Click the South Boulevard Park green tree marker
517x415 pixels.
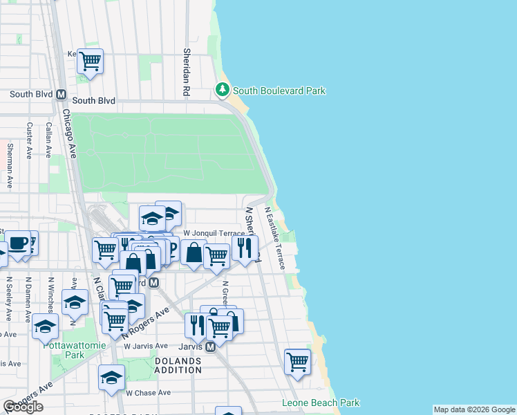(x=222, y=90)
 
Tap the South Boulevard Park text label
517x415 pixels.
(x=279, y=91)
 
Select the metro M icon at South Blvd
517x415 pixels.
(x=61, y=95)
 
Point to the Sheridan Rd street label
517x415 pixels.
(x=187, y=72)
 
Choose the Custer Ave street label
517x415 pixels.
(x=29, y=141)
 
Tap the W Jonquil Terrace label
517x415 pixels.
(x=214, y=234)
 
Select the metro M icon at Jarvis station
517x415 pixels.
(x=211, y=347)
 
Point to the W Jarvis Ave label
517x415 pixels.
(x=146, y=346)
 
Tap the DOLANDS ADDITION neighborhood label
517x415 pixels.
(x=178, y=366)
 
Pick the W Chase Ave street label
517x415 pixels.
(x=147, y=392)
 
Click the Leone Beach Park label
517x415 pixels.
(x=321, y=403)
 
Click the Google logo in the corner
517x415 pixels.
(x=23, y=407)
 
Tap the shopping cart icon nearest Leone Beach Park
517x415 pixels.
(x=297, y=360)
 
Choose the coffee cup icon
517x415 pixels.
(x=17, y=243)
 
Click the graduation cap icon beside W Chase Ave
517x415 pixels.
(x=111, y=377)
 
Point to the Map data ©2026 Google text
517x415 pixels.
(x=474, y=409)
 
